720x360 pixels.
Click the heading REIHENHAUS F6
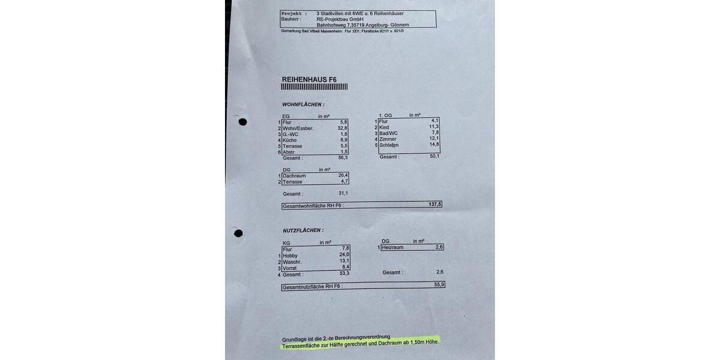tap(309, 79)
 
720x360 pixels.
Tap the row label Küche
tap(291, 140)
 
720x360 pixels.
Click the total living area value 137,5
tap(434, 204)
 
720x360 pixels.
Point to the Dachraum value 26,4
tap(343, 175)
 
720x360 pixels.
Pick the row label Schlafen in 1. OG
tap(389, 145)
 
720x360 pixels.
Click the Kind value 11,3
tap(434, 127)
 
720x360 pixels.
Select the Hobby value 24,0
tap(344, 254)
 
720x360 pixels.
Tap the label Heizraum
tap(393, 247)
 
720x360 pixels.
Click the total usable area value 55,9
tap(439, 285)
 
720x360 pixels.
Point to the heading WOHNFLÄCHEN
tap(303, 104)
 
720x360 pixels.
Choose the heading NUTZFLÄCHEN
tap(303, 230)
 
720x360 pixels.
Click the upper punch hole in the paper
tap(242, 122)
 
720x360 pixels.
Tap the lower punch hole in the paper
tap(238, 233)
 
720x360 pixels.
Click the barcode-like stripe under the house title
tap(314, 87)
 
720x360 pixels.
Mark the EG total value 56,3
tap(343, 157)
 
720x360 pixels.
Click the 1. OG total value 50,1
tap(434, 156)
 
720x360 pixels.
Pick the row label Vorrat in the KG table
tap(290, 268)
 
